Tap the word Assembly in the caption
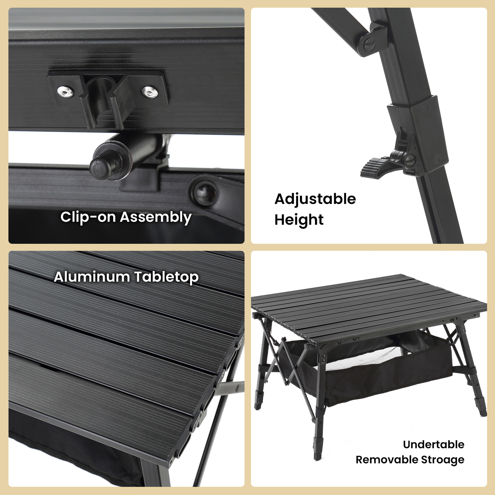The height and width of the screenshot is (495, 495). click(x=156, y=218)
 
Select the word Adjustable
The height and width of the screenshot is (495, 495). click(x=315, y=199)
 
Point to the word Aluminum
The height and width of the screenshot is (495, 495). click(x=92, y=277)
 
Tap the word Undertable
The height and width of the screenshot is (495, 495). click(x=434, y=445)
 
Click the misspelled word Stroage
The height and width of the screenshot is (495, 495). click(x=443, y=460)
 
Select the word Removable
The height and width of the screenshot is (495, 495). click(x=386, y=460)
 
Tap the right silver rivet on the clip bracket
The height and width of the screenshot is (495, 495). click(x=150, y=92)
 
